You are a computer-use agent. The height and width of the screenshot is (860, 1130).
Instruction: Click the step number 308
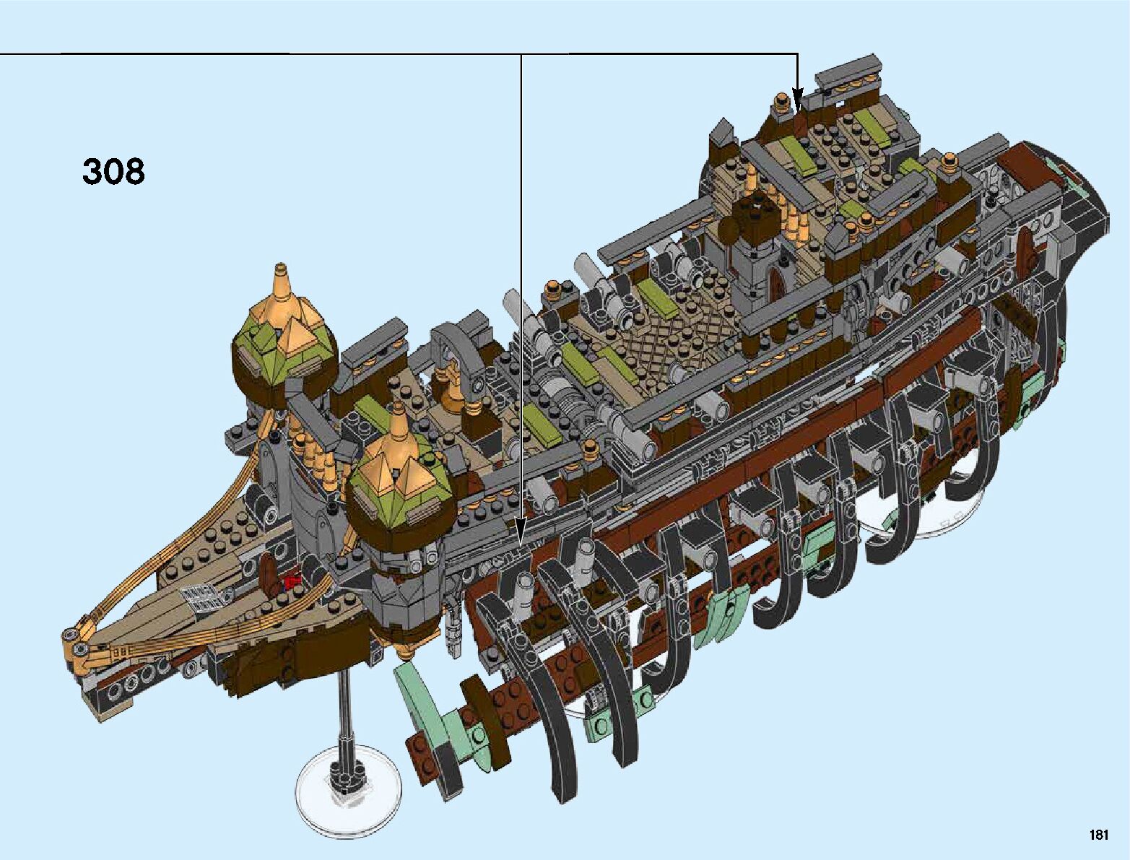tap(114, 172)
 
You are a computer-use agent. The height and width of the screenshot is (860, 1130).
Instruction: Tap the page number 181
tap(1099, 835)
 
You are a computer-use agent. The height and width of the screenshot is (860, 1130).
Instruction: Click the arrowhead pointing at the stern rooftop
tap(797, 97)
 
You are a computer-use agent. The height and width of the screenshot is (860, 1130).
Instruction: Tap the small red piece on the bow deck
tap(292, 580)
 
